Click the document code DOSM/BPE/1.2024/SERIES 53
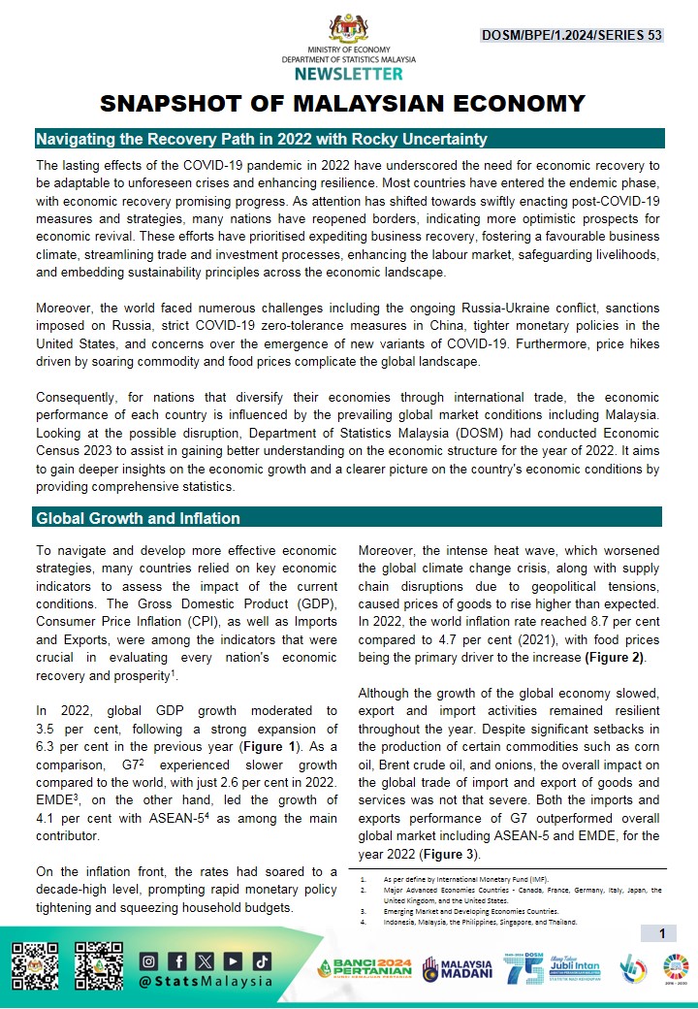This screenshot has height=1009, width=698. coord(572,35)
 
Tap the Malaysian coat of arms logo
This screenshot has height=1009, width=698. coord(349,26)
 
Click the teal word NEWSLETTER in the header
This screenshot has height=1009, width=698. coord(349,74)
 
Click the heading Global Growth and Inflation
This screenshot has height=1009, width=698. coord(138,517)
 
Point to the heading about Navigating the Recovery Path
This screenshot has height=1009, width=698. coord(261,139)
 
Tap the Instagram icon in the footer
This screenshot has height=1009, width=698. coord(148,961)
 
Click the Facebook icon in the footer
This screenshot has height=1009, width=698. coord(177,961)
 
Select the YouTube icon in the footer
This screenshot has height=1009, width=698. coord(233,961)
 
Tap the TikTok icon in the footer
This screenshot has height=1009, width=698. coord(261,961)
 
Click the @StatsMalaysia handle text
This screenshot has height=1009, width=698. coord(205,988)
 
